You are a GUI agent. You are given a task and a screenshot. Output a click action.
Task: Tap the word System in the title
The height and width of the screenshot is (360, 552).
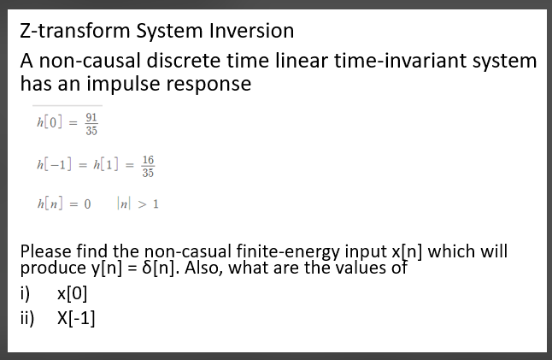[169, 32]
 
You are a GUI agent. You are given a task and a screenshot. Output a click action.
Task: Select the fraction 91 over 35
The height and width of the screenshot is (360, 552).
[91, 125]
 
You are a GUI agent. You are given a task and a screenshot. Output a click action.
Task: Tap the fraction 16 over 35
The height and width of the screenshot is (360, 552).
[148, 165]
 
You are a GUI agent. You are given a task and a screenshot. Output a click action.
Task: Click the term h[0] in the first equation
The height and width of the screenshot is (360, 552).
[46, 125]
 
